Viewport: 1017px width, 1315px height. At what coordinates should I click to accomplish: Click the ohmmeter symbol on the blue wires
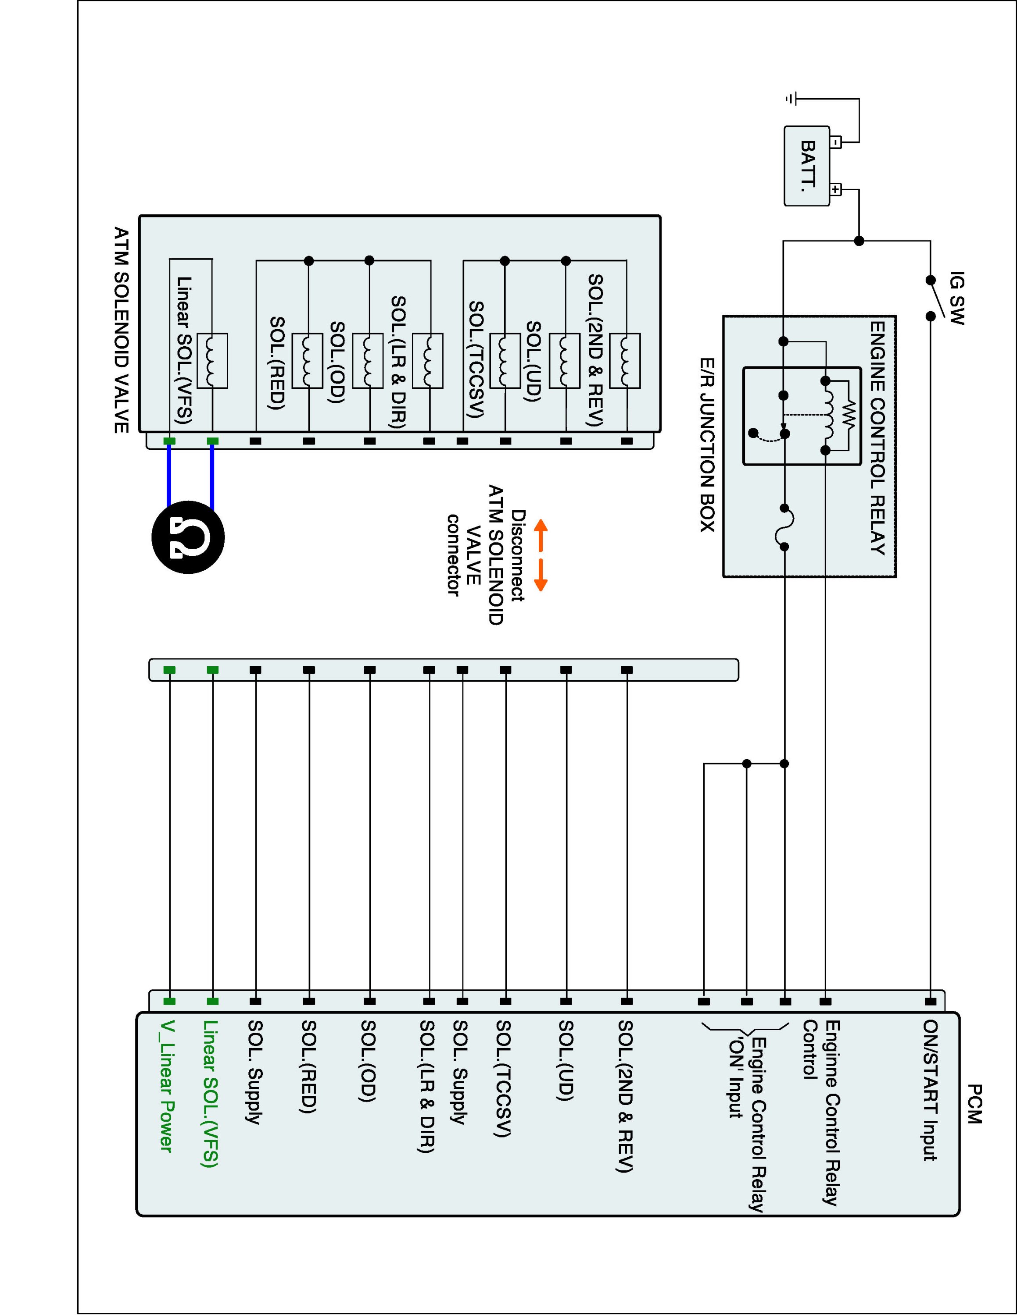pyautogui.click(x=188, y=537)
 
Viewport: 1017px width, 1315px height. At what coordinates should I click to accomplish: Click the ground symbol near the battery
pyautogui.click(x=791, y=98)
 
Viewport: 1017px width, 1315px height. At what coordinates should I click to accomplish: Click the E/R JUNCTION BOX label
pyautogui.click(x=707, y=444)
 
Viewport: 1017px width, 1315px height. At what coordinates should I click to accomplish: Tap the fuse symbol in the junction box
pyautogui.click(x=785, y=527)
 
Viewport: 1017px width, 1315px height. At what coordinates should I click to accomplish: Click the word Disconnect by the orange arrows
pyautogui.click(x=518, y=555)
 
